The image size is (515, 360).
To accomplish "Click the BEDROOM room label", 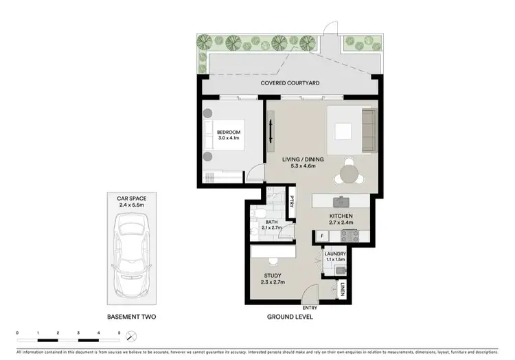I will point(229,132).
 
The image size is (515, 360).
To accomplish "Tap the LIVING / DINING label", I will point(303,159).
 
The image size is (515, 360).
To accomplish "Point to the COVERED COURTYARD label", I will point(290,83).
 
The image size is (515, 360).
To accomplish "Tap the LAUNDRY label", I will point(335,254).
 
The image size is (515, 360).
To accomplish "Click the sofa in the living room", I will point(369,131).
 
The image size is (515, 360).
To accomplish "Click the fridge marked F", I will point(322,236).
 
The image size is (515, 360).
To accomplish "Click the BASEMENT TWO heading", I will point(131,317).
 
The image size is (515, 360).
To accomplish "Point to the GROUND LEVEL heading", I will point(290,317).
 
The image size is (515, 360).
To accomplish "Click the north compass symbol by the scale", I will point(133,335).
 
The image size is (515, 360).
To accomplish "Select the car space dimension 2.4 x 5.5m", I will point(131,204).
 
